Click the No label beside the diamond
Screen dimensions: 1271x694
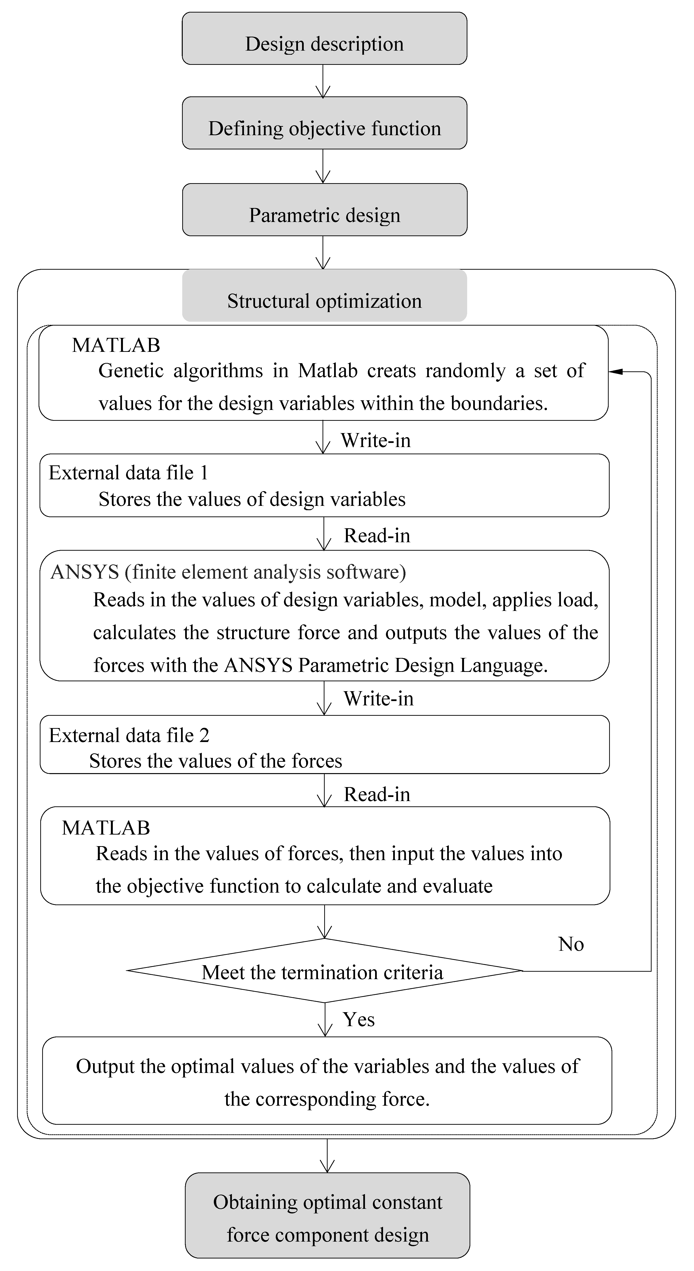(x=571, y=944)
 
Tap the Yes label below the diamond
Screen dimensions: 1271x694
(x=359, y=1019)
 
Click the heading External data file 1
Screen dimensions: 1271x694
(x=128, y=473)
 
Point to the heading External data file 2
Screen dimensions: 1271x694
(x=129, y=735)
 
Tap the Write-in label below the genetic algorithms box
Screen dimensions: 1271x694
(x=376, y=440)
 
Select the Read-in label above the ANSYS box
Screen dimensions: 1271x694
(x=377, y=535)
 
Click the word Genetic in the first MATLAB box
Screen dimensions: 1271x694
(x=131, y=371)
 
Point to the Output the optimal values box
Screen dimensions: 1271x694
(x=327, y=1081)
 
